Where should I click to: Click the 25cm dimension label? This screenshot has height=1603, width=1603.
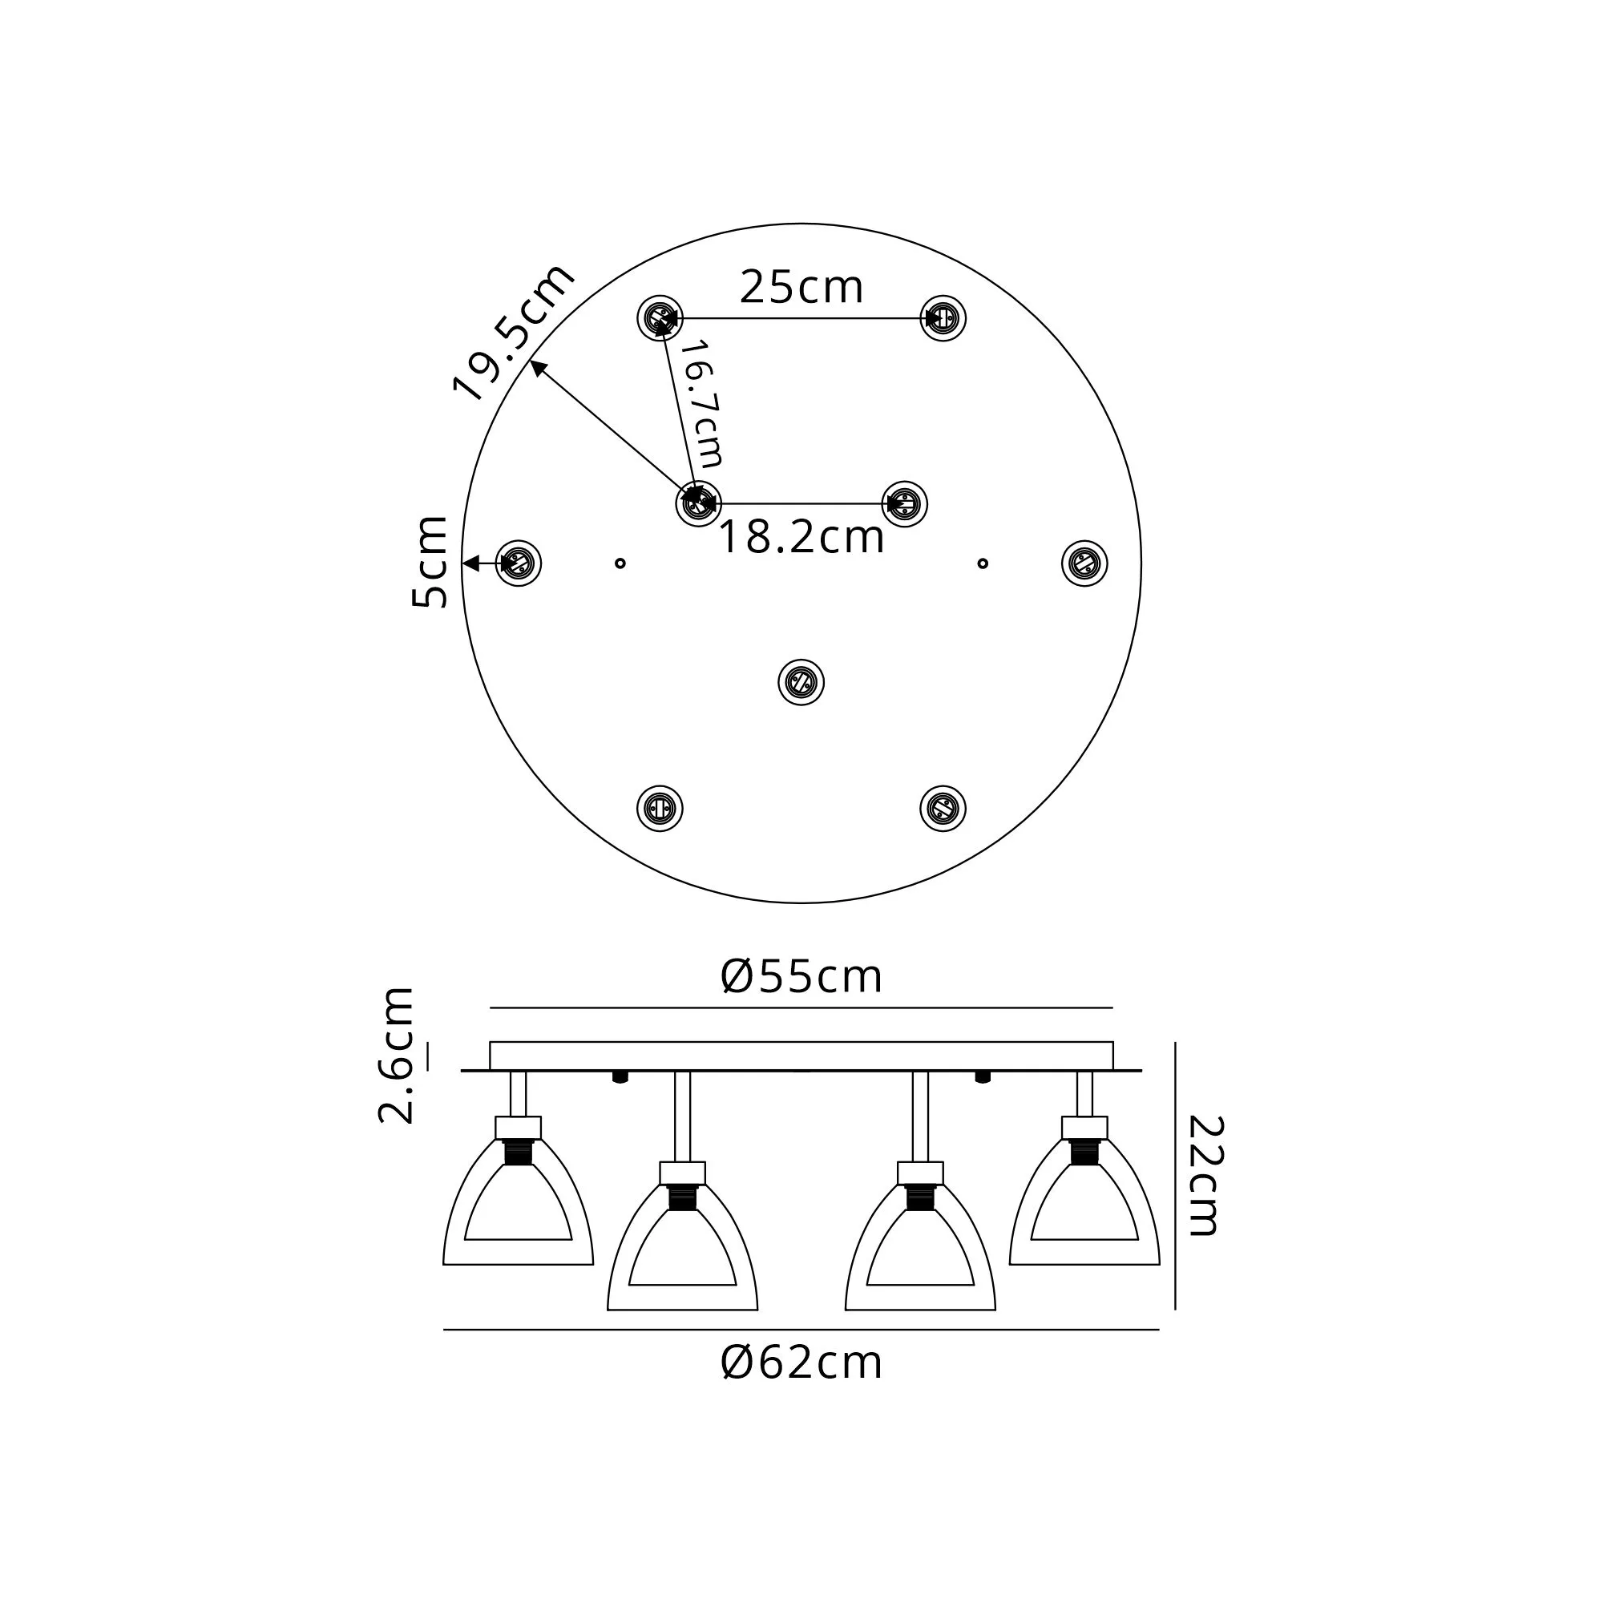click(x=801, y=288)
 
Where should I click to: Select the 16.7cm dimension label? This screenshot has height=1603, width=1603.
click(x=702, y=404)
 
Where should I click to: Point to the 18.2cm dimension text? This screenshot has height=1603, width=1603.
click(x=801, y=538)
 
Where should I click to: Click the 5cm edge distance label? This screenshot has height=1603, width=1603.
click(x=430, y=563)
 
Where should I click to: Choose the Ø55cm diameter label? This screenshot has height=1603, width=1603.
click(x=801, y=976)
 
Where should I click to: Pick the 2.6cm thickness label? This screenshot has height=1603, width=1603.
click(x=396, y=1055)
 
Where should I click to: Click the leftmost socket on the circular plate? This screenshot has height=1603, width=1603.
click(x=519, y=564)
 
